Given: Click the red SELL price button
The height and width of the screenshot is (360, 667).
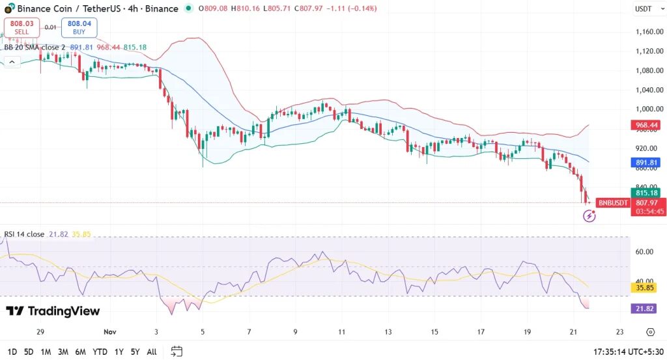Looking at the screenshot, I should pos(21,27).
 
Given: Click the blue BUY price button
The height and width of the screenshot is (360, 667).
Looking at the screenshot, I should pos(79,27).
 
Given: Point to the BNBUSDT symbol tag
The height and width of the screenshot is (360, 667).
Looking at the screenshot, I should pos(613,202).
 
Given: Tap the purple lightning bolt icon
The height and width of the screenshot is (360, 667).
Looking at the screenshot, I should pos(589,215).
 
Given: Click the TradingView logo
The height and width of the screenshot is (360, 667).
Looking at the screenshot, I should pos(53,311).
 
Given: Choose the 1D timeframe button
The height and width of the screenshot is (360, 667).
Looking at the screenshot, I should pos(11,352).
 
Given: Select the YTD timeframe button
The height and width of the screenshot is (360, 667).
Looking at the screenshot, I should pos(100,352).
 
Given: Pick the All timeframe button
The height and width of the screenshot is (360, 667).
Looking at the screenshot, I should pos(152,352).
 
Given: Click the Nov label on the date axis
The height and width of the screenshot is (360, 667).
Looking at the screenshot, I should pos(109,331).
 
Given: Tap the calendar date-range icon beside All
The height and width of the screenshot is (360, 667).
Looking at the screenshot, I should pos(177,352).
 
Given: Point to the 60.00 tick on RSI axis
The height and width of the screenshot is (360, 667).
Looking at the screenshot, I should pos(644,251).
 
